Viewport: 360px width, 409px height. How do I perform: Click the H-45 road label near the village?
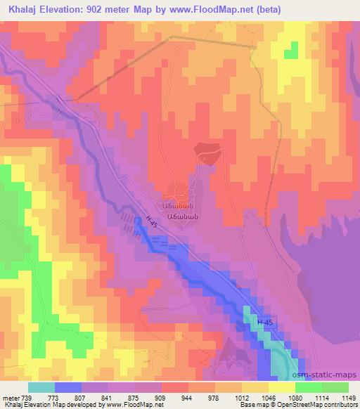(153, 221)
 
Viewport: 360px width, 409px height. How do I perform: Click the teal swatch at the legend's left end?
(41, 387)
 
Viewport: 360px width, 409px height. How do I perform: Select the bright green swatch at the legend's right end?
(335, 387)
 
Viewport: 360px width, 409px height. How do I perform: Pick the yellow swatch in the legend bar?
(282, 387)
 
